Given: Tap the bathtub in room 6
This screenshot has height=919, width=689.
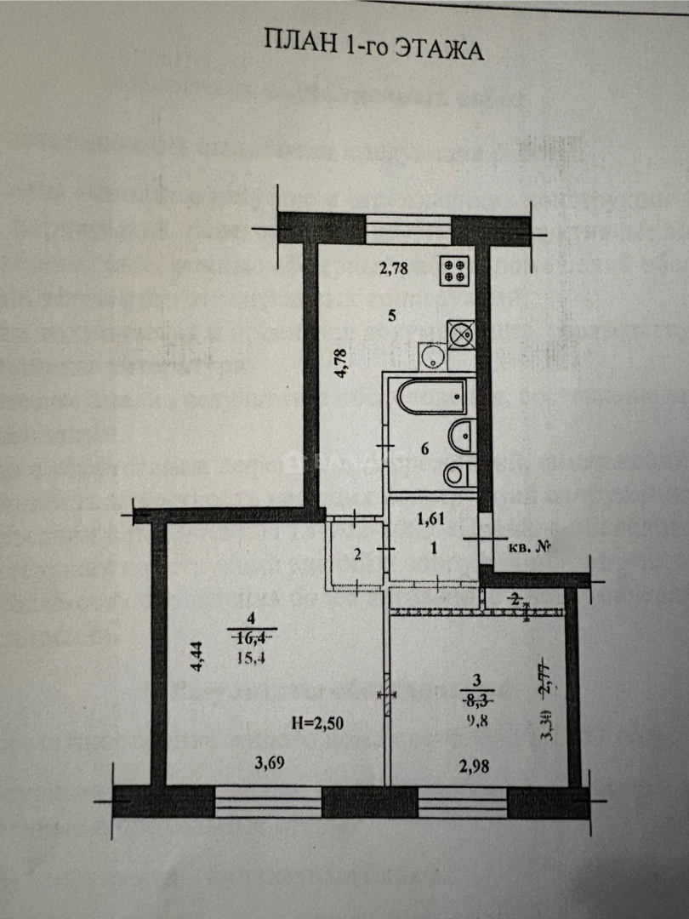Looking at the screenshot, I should coord(432,397).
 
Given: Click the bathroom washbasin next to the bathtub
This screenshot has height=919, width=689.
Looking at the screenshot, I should coord(461,436).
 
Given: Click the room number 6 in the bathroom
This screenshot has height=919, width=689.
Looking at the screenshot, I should coord(424,450).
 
